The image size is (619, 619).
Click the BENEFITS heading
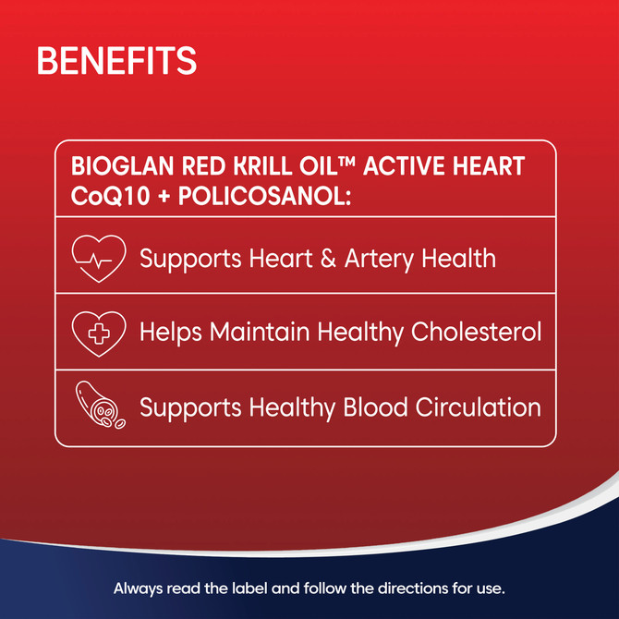116,61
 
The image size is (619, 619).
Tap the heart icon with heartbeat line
98,257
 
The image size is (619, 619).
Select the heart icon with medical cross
98,331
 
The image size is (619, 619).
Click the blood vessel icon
98,407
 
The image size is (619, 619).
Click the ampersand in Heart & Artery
324,258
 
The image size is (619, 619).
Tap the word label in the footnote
248,588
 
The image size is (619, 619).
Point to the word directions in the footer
417,588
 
